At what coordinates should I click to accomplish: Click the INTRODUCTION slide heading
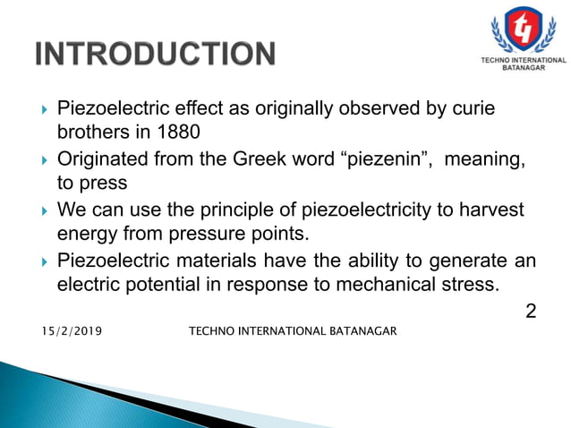click(155, 55)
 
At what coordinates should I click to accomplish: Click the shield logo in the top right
click(518, 30)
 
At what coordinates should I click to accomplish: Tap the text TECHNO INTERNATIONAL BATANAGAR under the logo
click(518, 62)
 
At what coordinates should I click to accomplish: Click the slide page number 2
click(530, 312)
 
